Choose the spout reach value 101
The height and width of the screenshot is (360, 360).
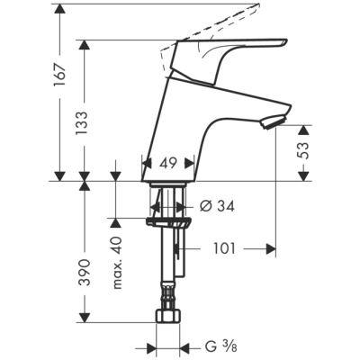(228, 246)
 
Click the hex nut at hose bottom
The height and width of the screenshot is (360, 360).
(168, 320)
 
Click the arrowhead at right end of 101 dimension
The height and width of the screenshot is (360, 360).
(270, 246)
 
